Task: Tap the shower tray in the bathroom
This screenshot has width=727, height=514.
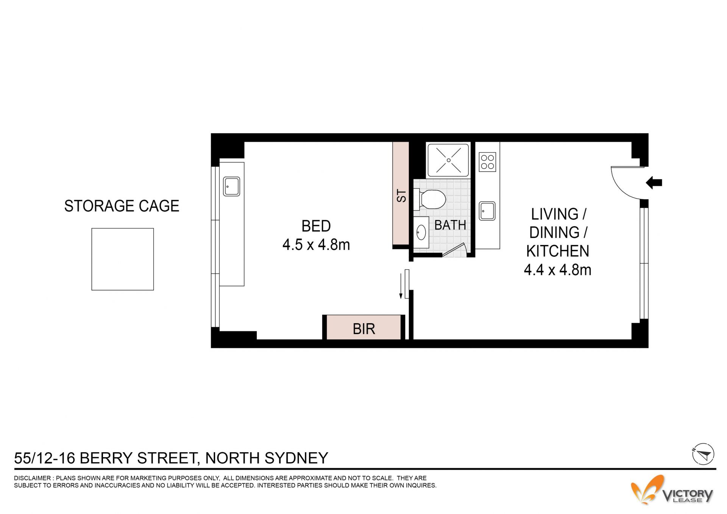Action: click(449, 160)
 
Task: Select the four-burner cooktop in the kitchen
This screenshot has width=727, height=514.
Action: click(487, 162)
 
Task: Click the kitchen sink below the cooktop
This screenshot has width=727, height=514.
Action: click(487, 211)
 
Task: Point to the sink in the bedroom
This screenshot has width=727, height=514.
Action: click(231, 186)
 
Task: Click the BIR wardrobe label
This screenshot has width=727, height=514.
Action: click(364, 329)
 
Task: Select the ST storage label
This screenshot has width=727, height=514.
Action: click(401, 196)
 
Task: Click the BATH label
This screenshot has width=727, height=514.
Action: click(450, 225)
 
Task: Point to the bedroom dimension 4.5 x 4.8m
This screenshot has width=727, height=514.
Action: click(316, 245)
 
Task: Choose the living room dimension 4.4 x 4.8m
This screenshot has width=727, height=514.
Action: click(557, 270)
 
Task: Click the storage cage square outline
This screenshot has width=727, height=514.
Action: click(123, 228)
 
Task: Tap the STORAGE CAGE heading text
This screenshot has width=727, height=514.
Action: click(122, 206)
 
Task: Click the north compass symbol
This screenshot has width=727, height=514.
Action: click(703, 454)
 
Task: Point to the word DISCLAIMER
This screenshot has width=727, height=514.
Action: click(32, 478)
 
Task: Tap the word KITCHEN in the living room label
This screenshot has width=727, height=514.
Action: click(557, 251)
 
